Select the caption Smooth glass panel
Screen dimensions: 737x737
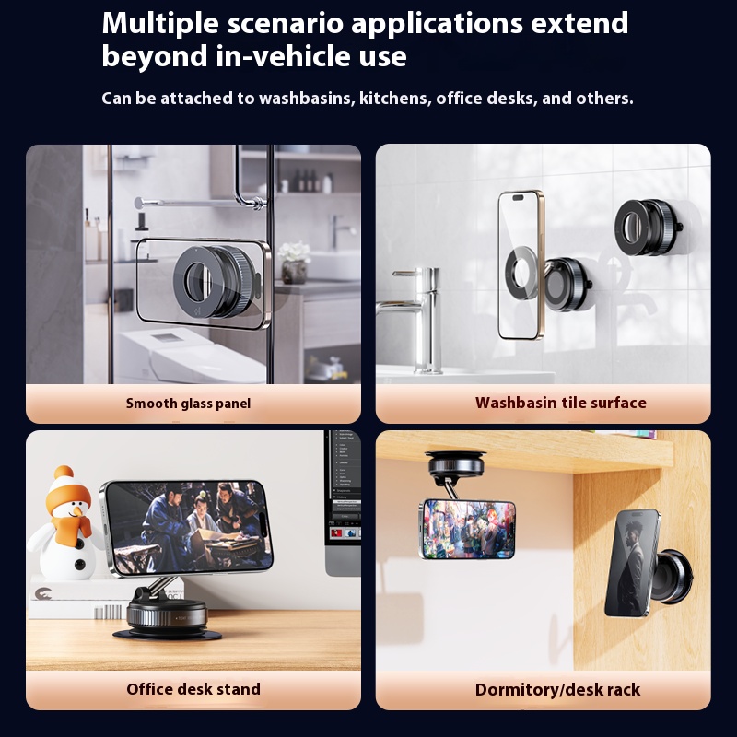coord(188,404)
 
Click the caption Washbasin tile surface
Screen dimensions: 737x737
coord(560,403)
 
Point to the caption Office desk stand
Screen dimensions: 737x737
coord(193,689)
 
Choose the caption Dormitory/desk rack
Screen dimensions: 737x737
coord(557,689)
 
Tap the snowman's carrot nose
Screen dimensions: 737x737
coord(75,510)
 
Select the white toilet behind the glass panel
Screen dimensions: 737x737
coord(188,355)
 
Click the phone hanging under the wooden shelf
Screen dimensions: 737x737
coord(467,529)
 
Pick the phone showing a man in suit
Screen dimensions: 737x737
coord(631,563)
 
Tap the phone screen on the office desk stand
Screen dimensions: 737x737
coord(188,527)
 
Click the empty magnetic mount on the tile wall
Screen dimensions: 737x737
coord(649,228)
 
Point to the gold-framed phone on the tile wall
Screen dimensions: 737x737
coord(521,264)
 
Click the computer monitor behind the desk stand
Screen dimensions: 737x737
coord(343,503)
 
